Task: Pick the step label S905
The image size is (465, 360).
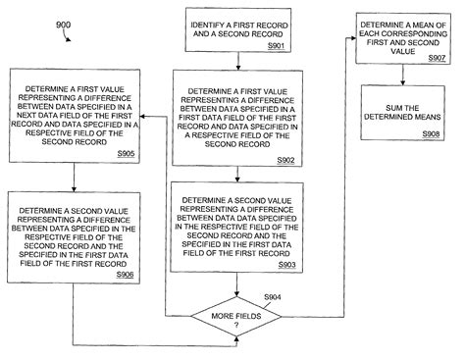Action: pos(125,153)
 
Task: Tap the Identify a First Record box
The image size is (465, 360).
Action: pos(234,29)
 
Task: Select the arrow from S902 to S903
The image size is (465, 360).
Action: pos(234,175)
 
